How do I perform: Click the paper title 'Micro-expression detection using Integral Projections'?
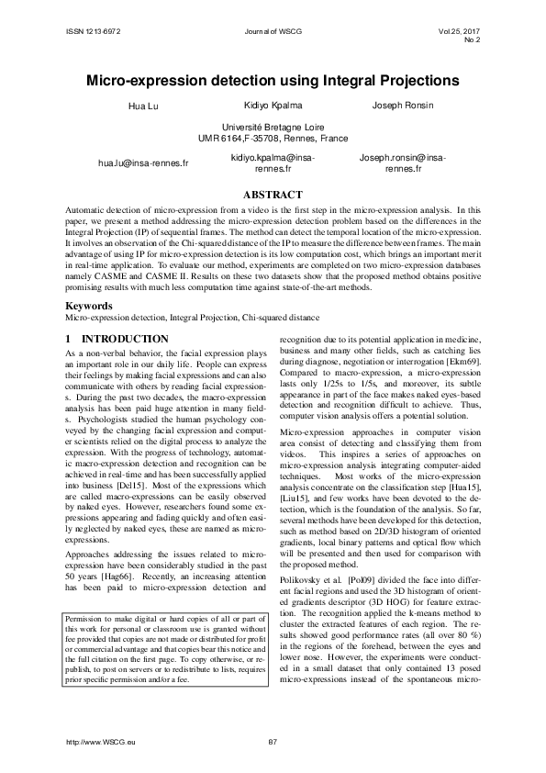point(273,81)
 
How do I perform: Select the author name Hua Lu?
point(146,107)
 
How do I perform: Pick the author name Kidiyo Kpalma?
point(273,107)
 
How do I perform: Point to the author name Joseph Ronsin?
point(403,107)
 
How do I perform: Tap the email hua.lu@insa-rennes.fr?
point(143,162)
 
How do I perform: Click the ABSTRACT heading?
point(273,195)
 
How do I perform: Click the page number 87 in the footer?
point(273,741)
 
